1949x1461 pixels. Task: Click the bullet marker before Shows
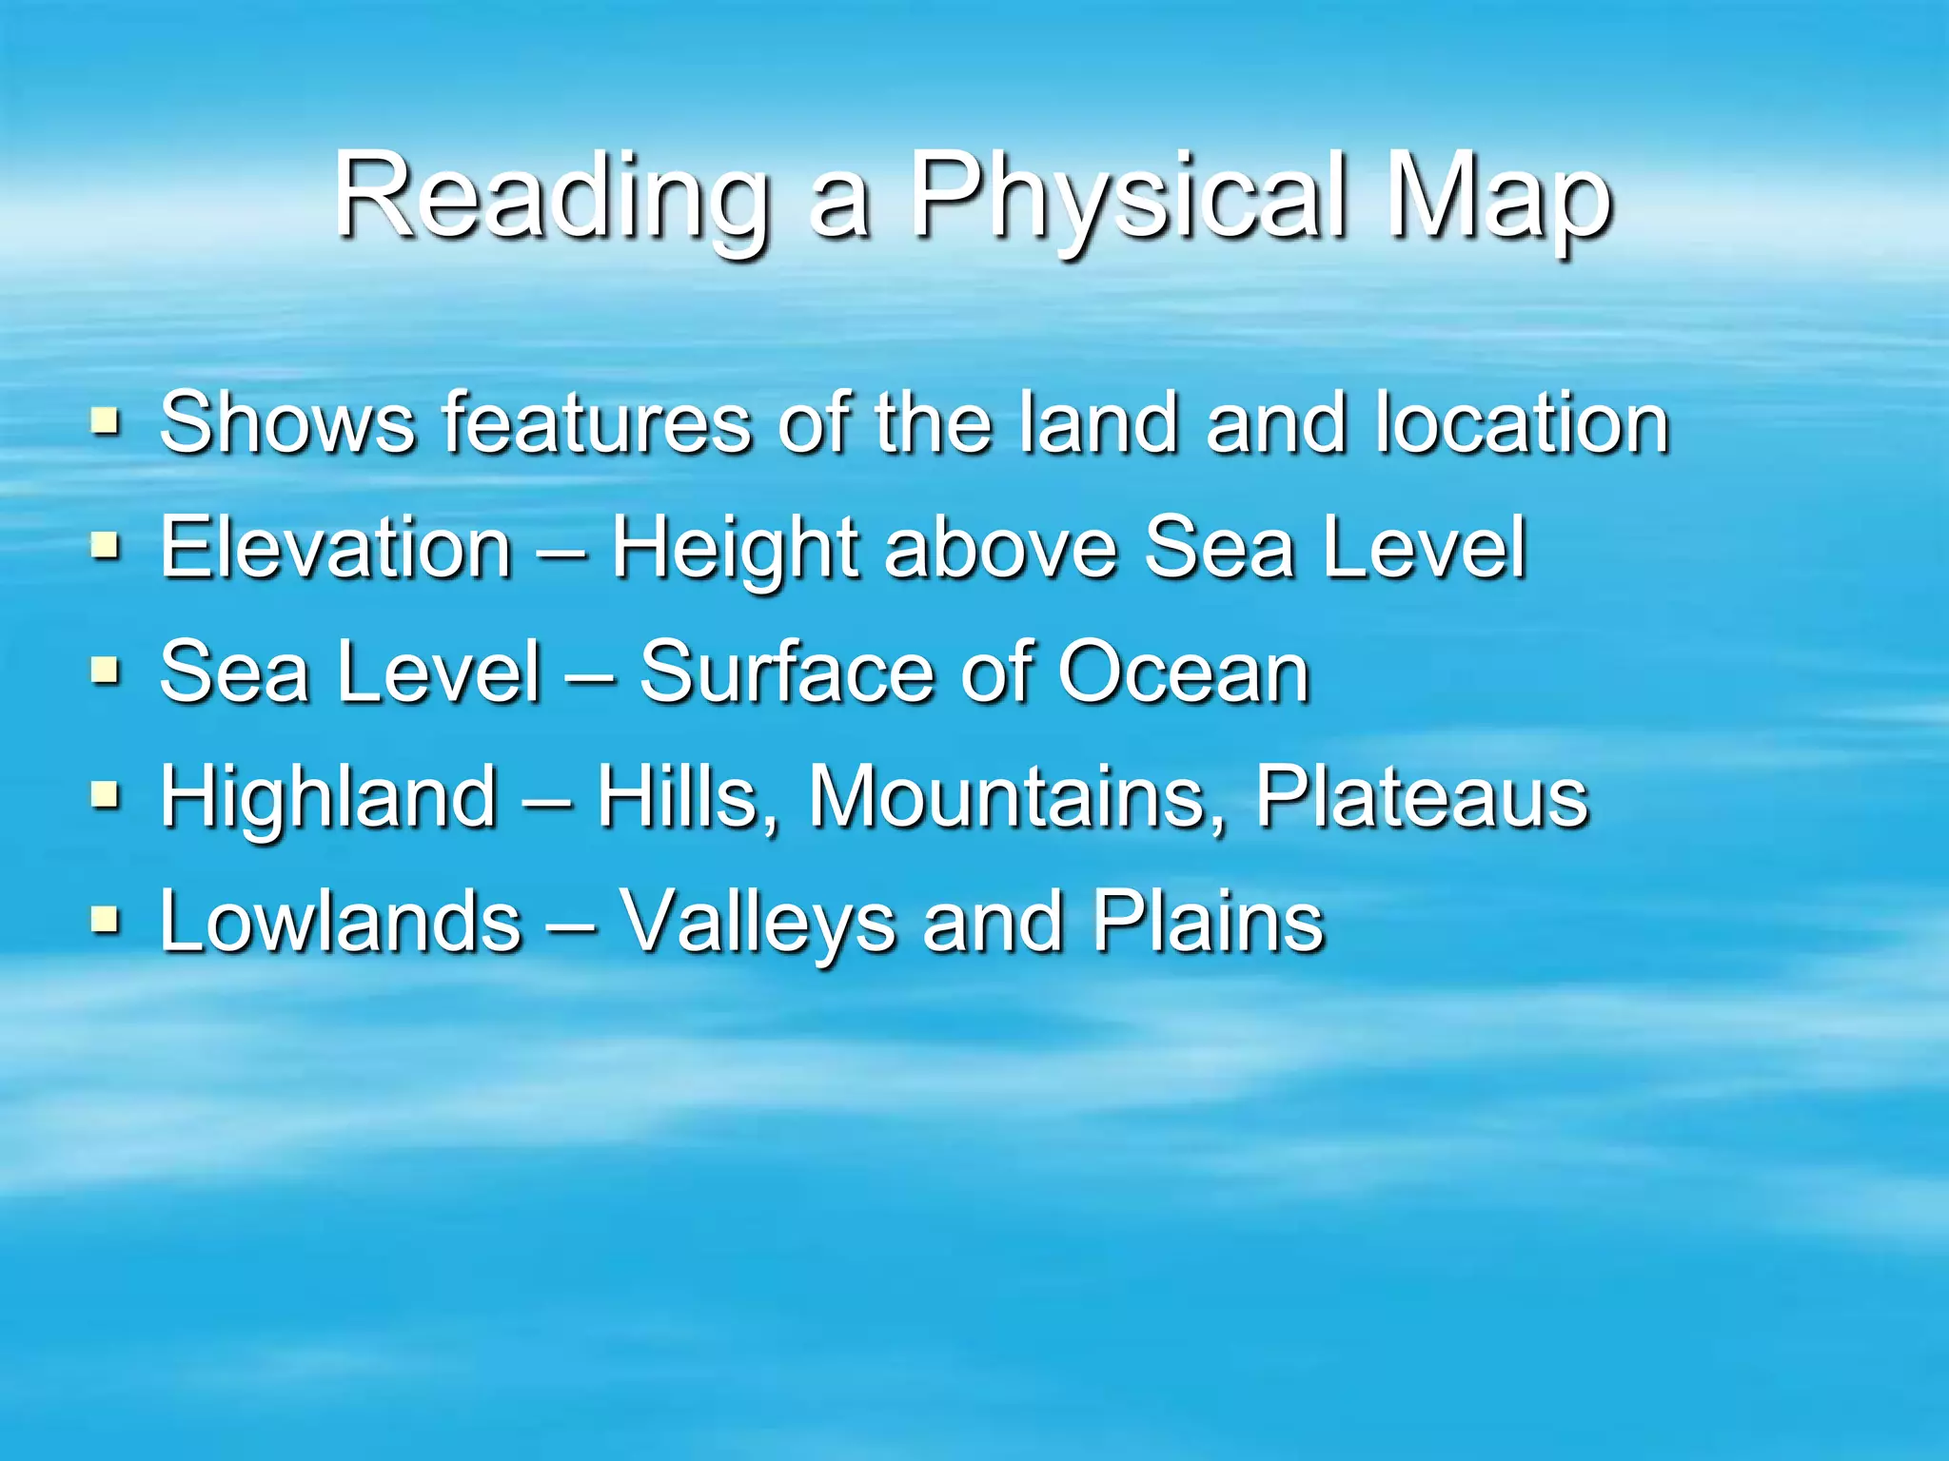(106, 420)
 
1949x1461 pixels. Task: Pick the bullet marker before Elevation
(106, 545)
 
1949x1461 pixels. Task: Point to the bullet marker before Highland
(106, 794)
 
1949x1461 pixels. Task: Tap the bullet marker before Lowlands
(106, 919)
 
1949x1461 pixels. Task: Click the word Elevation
(336, 547)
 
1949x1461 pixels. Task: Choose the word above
(1000, 547)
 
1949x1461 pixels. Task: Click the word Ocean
(1185, 672)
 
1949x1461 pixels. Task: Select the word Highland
(328, 796)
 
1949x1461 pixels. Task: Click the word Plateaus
(1421, 796)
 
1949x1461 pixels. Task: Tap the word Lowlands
(341, 921)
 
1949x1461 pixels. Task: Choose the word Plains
(1208, 921)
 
